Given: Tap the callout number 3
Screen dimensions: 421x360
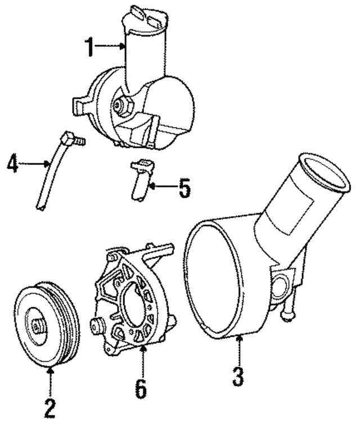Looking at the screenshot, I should coord(239,375).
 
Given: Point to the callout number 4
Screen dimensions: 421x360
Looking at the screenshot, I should coord(13,164).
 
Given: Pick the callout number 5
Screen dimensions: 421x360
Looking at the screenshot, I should coord(183,188).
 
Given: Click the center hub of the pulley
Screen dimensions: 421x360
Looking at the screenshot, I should coord(38,326).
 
